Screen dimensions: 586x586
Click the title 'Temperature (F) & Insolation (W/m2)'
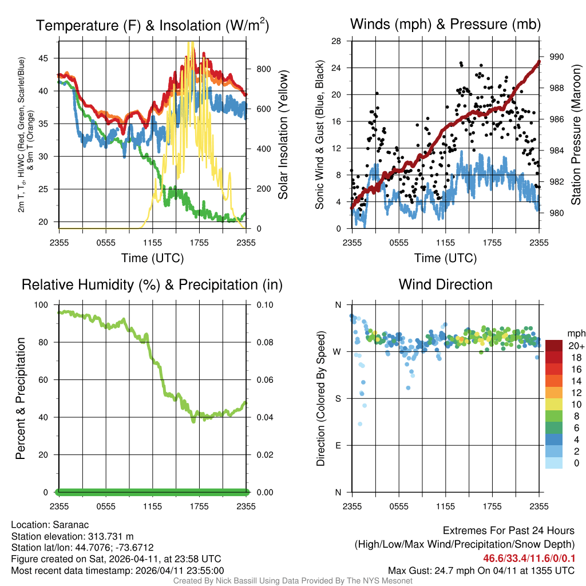(152, 26)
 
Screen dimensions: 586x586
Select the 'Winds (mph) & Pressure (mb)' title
(445, 24)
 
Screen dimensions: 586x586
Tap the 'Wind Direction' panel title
(445, 284)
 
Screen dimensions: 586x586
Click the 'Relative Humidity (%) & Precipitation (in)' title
(152, 284)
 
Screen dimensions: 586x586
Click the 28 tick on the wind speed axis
(337, 41)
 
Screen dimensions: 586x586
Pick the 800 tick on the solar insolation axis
(264, 69)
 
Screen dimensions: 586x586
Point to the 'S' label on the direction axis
(338, 398)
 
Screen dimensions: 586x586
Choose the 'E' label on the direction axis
(338, 445)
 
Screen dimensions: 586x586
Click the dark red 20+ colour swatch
(555, 346)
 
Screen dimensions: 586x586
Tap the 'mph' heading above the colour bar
(575, 333)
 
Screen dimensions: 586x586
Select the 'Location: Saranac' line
(49, 525)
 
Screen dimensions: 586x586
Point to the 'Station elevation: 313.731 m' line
(72, 536)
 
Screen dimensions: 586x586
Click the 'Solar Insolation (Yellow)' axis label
(283, 135)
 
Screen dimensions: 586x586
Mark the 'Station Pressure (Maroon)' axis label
(576, 135)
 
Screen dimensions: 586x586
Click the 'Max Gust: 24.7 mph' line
(481, 571)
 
